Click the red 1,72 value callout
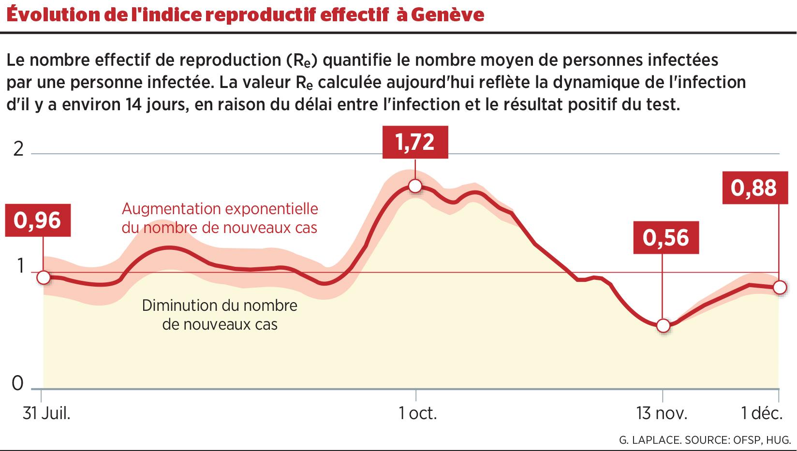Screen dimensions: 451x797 [x=415, y=142]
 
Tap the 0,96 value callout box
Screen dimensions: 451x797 [x=38, y=220]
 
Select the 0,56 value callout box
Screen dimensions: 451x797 [x=666, y=238]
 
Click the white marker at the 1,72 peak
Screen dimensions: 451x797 [x=415, y=186]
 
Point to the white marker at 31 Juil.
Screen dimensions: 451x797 [x=44, y=277]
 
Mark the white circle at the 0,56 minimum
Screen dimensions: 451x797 [x=664, y=326]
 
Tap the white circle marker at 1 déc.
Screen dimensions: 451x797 [x=779, y=287]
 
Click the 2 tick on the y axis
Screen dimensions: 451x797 [x=18, y=150]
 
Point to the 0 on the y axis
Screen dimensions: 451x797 [x=17, y=384]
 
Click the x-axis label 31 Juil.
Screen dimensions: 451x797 [x=47, y=414]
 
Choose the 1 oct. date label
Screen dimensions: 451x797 [x=417, y=414]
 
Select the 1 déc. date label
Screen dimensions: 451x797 [x=762, y=414]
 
